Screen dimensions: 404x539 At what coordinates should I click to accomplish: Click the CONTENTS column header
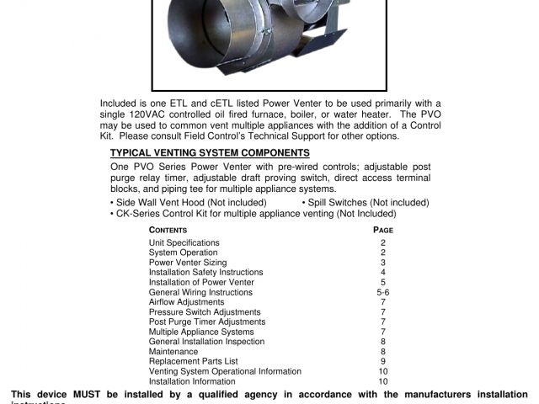click(168, 230)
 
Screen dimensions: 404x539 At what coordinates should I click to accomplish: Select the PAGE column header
click(383, 230)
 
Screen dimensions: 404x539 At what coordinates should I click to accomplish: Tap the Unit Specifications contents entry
click(184, 242)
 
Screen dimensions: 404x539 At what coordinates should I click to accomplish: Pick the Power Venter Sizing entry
click(185, 263)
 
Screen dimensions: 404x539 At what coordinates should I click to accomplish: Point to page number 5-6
click(383, 292)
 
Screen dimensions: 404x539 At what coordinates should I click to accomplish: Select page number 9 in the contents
click(383, 362)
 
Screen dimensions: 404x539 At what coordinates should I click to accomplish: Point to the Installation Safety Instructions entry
click(205, 273)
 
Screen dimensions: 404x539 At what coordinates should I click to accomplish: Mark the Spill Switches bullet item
click(365, 203)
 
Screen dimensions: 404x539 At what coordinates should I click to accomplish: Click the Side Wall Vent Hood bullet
click(189, 203)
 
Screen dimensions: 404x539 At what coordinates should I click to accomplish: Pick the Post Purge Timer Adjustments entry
click(206, 322)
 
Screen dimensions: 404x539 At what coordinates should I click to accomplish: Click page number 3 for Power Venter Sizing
click(383, 263)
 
